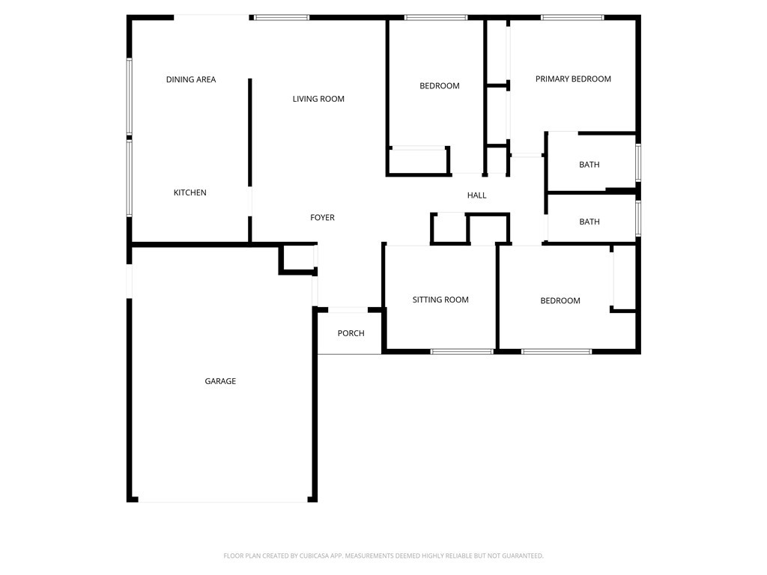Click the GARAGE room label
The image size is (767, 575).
click(220, 381)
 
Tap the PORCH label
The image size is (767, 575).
click(351, 333)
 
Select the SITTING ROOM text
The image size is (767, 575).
click(440, 299)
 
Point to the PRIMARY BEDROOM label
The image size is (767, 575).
click(573, 79)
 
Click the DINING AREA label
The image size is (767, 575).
click(191, 79)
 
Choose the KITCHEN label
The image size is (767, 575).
click(190, 192)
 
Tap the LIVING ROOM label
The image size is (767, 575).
click(318, 99)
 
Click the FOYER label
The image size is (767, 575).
click(323, 218)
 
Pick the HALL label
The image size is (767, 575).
click(477, 195)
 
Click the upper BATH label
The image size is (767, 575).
click(589, 165)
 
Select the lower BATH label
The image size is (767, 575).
click(589, 222)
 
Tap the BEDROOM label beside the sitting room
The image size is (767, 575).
click(560, 301)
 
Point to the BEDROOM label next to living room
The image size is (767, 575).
click(440, 86)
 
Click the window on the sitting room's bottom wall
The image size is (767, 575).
click(462, 351)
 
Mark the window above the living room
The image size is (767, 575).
click(281, 17)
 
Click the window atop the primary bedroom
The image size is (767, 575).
click(572, 17)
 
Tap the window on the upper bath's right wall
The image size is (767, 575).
click(638, 162)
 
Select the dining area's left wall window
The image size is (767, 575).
click(130, 97)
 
